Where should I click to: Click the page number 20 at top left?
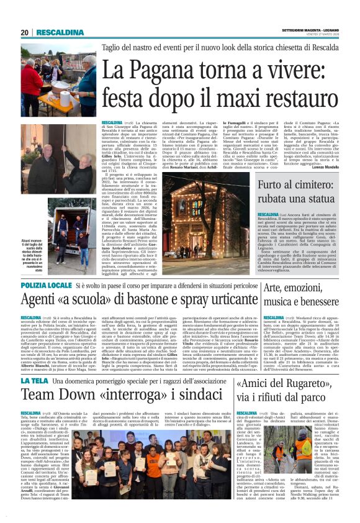tap(25, 32)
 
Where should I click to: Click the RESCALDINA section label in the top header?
tap(60, 32)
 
